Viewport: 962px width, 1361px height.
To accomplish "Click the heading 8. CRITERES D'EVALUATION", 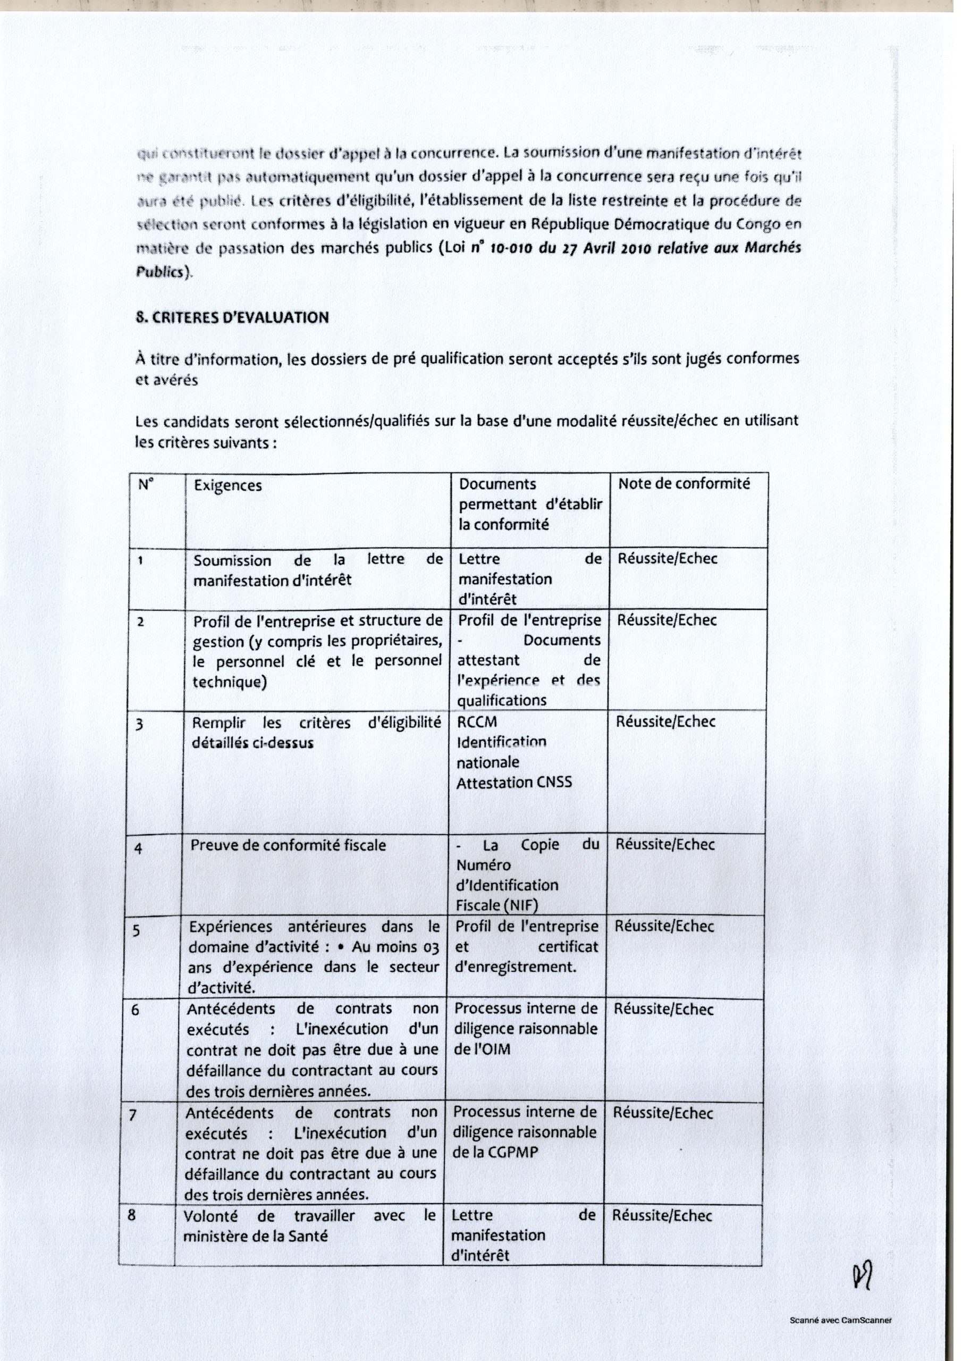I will tap(232, 317).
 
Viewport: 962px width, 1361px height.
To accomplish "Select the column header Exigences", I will tap(227, 485).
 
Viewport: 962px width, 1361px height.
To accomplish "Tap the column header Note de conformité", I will tap(683, 484).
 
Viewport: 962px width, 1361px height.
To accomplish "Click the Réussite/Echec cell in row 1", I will tap(667, 558).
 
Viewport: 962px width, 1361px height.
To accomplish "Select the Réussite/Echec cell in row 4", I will tap(665, 844).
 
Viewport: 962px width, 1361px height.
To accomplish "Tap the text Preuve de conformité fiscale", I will tap(288, 845).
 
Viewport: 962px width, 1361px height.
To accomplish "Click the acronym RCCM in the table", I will tap(477, 722).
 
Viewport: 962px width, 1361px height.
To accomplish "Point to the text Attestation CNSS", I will tap(514, 783).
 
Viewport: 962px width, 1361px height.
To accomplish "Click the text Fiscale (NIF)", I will tap(497, 905).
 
